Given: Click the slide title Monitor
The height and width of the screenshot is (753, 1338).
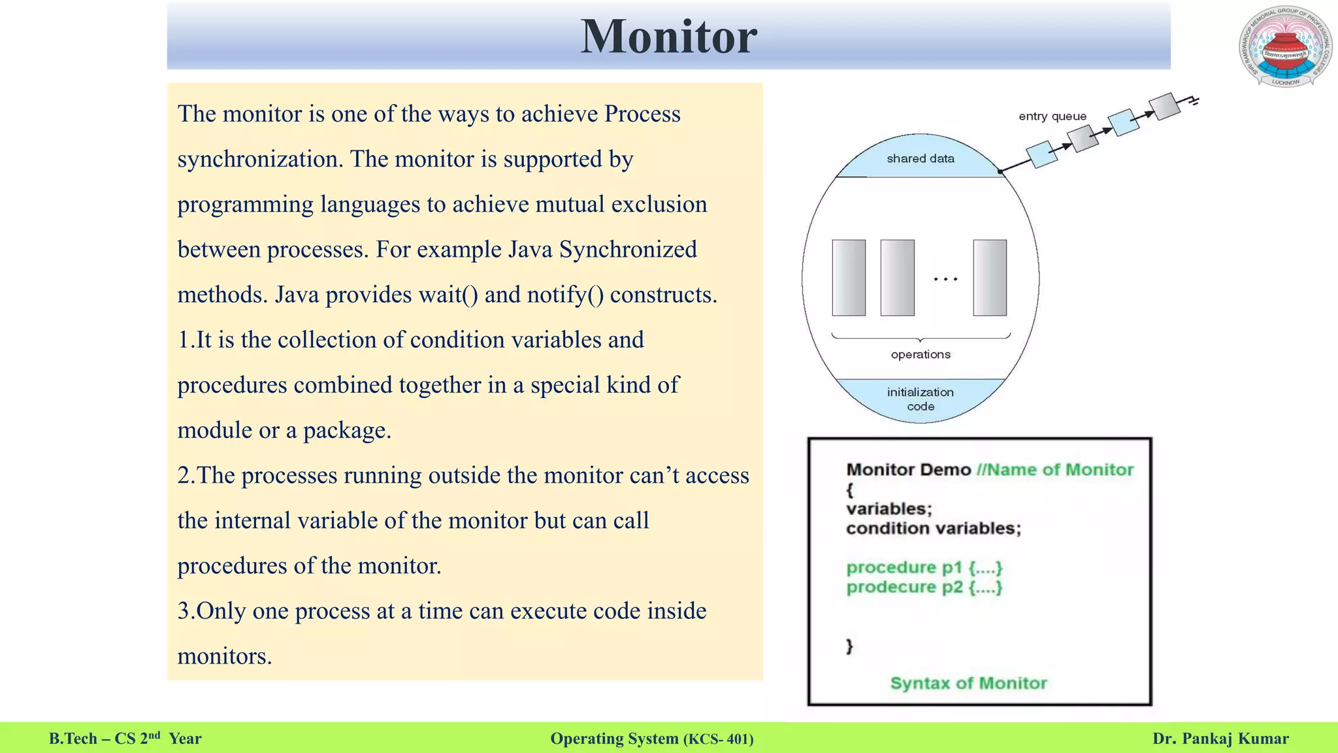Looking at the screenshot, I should click(668, 37).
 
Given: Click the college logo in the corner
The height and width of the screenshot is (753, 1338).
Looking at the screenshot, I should click(1284, 46).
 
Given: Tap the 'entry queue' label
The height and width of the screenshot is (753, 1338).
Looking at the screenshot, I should click(1052, 116).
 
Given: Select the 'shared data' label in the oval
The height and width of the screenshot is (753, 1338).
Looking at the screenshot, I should click(920, 159).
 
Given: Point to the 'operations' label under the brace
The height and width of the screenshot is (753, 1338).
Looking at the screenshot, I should click(920, 354).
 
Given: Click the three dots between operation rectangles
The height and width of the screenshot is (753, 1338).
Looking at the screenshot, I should click(945, 279).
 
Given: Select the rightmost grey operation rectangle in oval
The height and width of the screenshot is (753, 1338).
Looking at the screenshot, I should click(989, 278).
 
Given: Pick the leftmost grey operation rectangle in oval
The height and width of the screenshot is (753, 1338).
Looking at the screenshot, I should click(848, 278).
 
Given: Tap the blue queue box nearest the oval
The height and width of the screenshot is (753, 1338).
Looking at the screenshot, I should click(1041, 154).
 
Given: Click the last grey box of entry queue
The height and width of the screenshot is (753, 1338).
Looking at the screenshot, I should click(1164, 107).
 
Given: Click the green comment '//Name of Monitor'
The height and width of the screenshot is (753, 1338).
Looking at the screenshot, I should click(1054, 470).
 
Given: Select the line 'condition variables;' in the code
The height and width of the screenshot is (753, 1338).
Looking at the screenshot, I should click(933, 528).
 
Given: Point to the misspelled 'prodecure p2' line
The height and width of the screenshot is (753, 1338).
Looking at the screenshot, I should click(924, 587).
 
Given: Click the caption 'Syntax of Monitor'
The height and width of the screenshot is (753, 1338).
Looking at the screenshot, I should click(968, 683).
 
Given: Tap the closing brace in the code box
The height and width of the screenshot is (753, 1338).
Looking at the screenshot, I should click(849, 646).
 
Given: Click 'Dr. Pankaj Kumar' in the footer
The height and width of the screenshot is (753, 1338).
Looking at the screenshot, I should click(1220, 739).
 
